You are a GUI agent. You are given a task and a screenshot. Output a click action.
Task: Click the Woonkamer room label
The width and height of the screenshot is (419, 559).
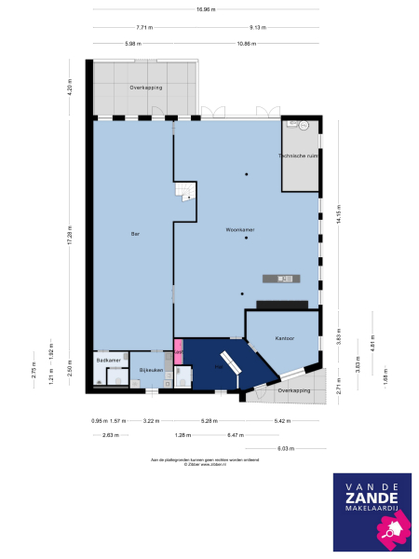pos(240,228)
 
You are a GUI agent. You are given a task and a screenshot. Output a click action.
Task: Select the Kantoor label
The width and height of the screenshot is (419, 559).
pos(285,338)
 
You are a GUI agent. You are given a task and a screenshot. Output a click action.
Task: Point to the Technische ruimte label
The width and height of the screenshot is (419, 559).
pos(299,157)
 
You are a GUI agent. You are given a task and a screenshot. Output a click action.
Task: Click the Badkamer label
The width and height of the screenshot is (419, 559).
pos(108,359)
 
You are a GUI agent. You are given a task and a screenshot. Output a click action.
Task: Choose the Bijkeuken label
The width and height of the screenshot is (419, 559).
pos(151,370)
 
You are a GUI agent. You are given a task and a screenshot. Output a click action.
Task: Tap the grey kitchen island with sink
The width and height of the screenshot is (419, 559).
pos(284,277)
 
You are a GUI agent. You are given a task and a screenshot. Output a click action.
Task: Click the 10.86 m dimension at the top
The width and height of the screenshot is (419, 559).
pos(246,44)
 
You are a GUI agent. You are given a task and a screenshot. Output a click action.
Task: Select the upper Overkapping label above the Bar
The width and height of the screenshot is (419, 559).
pos(146,87)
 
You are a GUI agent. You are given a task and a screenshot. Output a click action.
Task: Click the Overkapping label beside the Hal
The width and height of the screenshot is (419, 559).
pos(293,391)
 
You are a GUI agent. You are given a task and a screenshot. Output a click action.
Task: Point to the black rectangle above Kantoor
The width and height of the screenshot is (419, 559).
pos(280,304)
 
